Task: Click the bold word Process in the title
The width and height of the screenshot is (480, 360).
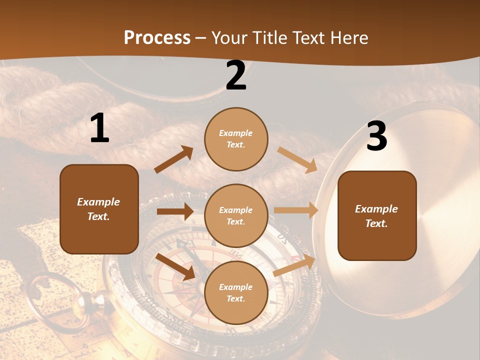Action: point(157,38)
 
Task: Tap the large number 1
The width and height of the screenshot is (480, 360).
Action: point(99,128)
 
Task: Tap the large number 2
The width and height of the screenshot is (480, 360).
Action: point(236,76)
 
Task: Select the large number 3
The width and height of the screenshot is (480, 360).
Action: point(376,137)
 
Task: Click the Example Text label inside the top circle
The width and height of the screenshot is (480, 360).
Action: point(236,139)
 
